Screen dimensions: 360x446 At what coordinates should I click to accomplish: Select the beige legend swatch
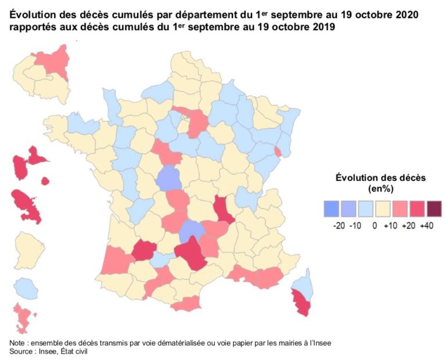click(383, 208)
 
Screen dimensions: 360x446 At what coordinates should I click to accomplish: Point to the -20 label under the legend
click(339, 225)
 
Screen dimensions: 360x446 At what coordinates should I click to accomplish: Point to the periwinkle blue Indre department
click(168, 178)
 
